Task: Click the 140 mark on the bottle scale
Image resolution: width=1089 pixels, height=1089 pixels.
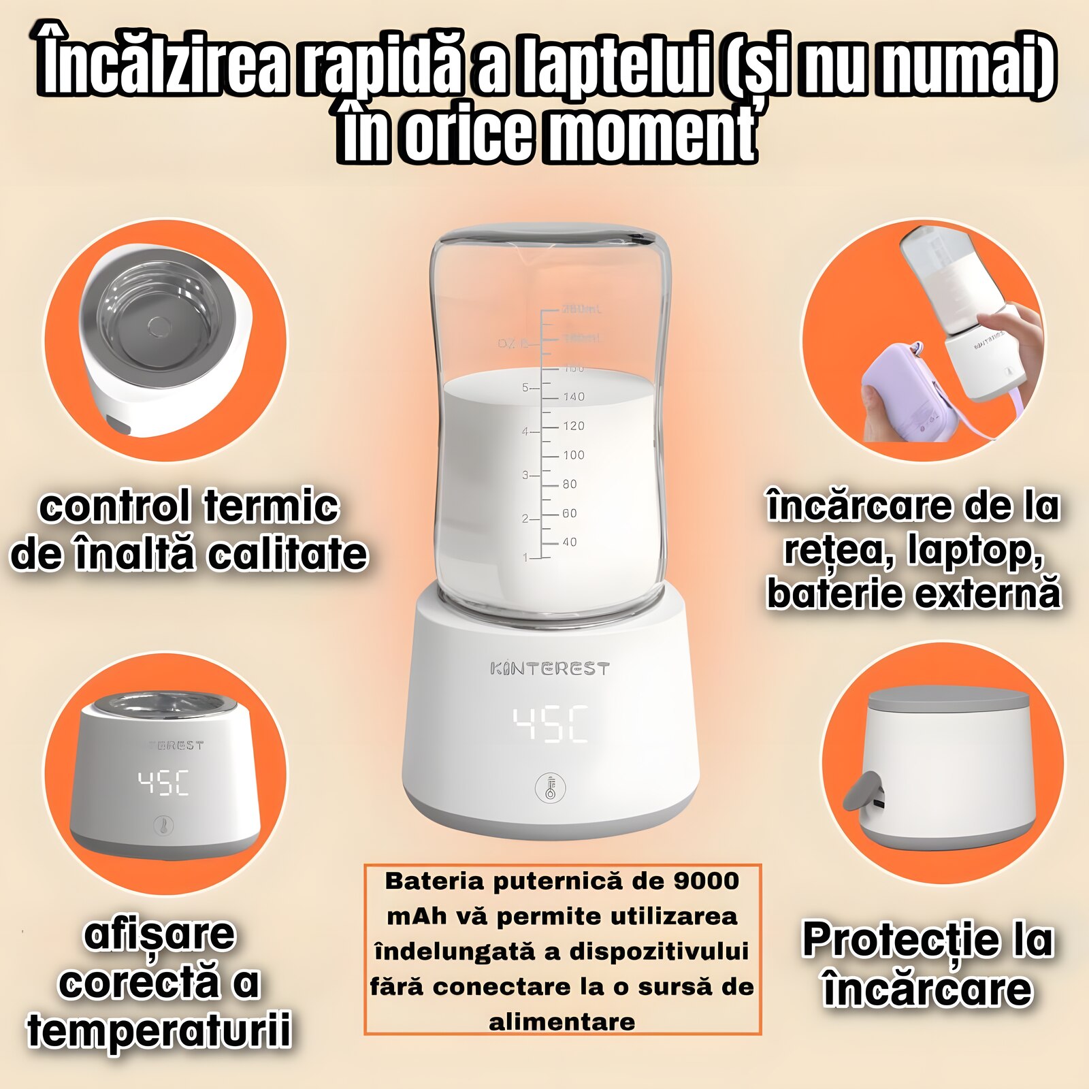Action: [x=573, y=397]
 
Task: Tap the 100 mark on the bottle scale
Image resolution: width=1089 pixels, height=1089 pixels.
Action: [x=573, y=455]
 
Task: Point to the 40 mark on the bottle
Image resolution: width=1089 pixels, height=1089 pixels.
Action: [x=569, y=542]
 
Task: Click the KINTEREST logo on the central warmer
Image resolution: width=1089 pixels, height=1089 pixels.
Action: [x=549, y=669]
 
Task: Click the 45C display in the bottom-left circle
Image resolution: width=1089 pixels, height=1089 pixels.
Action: [x=163, y=783]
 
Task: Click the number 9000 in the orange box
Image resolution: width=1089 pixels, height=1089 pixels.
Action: [x=706, y=881]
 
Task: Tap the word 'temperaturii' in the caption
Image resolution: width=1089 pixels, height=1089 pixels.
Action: [x=159, y=1029]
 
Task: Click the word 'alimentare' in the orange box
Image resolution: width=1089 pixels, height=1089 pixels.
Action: [x=562, y=1022]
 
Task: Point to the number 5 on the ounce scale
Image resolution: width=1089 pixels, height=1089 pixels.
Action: [x=525, y=387]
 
